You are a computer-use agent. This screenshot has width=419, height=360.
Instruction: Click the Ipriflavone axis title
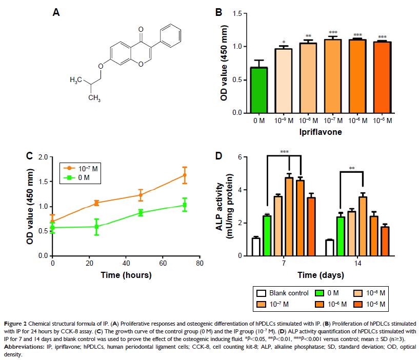[x=321, y=132]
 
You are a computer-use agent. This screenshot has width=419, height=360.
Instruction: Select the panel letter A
[x=56, y=12]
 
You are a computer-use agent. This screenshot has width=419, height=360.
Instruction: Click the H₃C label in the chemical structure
[x=77, y=81]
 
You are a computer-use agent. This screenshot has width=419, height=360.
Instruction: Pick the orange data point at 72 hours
[x=185, y=175]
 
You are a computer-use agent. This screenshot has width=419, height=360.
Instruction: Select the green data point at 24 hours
[x=96, y=226]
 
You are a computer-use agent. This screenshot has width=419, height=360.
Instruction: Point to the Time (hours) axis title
[x=126, y=275]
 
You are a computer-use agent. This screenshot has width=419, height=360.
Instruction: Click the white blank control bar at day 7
[x=256, y=247]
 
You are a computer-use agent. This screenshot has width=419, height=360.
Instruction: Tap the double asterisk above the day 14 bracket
[x=351, y=168]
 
